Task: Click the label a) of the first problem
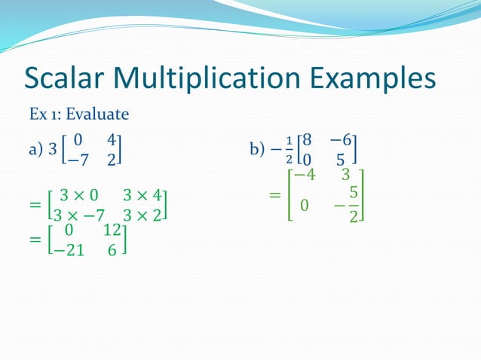(35, 150)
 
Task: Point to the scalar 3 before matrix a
(52, 150)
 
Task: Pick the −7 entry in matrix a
(75, 160)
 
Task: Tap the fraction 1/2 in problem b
(288, 150)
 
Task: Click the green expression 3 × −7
(78, 214)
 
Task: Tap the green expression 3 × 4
(142, 196)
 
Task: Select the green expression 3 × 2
(142, 214)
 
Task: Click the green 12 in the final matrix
(112, 233)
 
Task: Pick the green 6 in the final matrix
(112, 251)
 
